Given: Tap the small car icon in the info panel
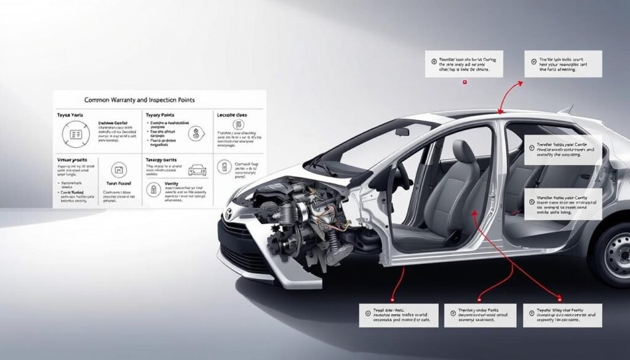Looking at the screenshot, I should coord(197,170).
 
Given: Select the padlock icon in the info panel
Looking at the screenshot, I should coord(154,188).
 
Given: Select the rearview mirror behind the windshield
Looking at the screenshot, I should coord(402,132).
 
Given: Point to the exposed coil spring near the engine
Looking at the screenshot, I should coord(332,241).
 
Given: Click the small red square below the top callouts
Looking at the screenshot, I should coord(465,82).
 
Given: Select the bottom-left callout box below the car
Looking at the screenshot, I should coord(398,315).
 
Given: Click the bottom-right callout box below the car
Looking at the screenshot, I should coord(562,315).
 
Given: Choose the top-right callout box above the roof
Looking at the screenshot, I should coord(563,64).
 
